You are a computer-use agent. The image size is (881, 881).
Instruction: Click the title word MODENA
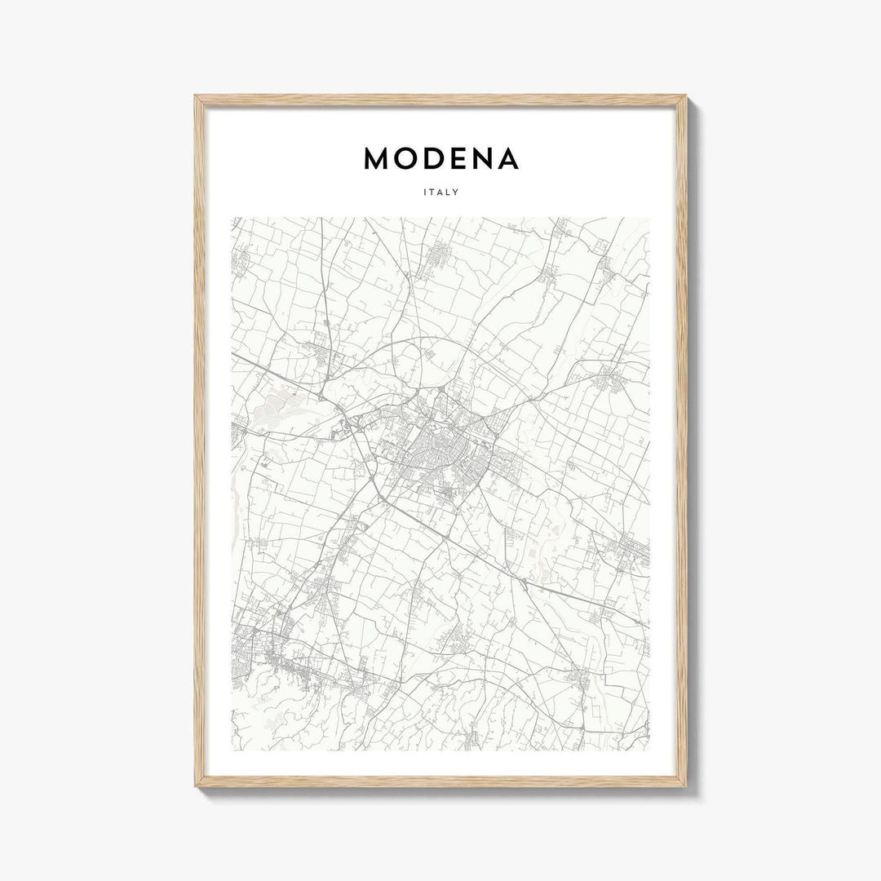pyautogui.click(x=440, y=159)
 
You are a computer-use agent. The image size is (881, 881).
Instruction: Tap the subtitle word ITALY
pyautogui.click(x=440, y=193)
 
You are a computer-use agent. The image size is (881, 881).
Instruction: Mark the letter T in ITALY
pyautogui.click(x=432, y=193)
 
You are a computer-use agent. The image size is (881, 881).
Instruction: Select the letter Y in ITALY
pyautogui.click(x=457, y=193)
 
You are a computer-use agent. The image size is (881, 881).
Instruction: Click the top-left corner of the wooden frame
pyautogui.click(x=197, y=97)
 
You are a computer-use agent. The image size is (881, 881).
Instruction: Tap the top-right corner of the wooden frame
pyautogui.click(x=685, y=97)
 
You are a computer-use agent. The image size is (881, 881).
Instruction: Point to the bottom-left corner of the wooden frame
pyautogui.click(x=197, y=785)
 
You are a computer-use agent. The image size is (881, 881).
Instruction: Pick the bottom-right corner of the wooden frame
pyautogui.click(x=685, y=785)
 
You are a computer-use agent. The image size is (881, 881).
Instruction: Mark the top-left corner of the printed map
pyautogui.click(x=232, y=218)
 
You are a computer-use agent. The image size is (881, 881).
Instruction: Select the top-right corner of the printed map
pyautogui.click(x=649, y=218)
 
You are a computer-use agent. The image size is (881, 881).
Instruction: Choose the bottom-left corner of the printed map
pyautogui.click(x=232, y=750)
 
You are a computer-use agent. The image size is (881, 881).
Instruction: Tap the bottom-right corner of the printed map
pyautogui.click(x=649, y=750)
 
